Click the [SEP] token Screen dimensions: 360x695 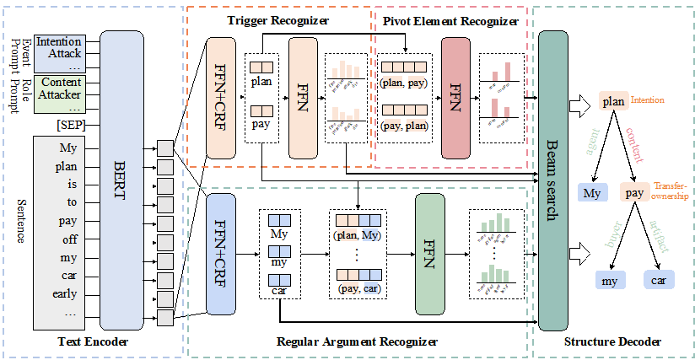click(68, 126)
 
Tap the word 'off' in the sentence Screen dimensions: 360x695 click(68, 239)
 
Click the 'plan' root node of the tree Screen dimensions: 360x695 click(612, 100)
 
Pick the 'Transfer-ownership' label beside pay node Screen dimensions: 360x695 click(671, 191)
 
